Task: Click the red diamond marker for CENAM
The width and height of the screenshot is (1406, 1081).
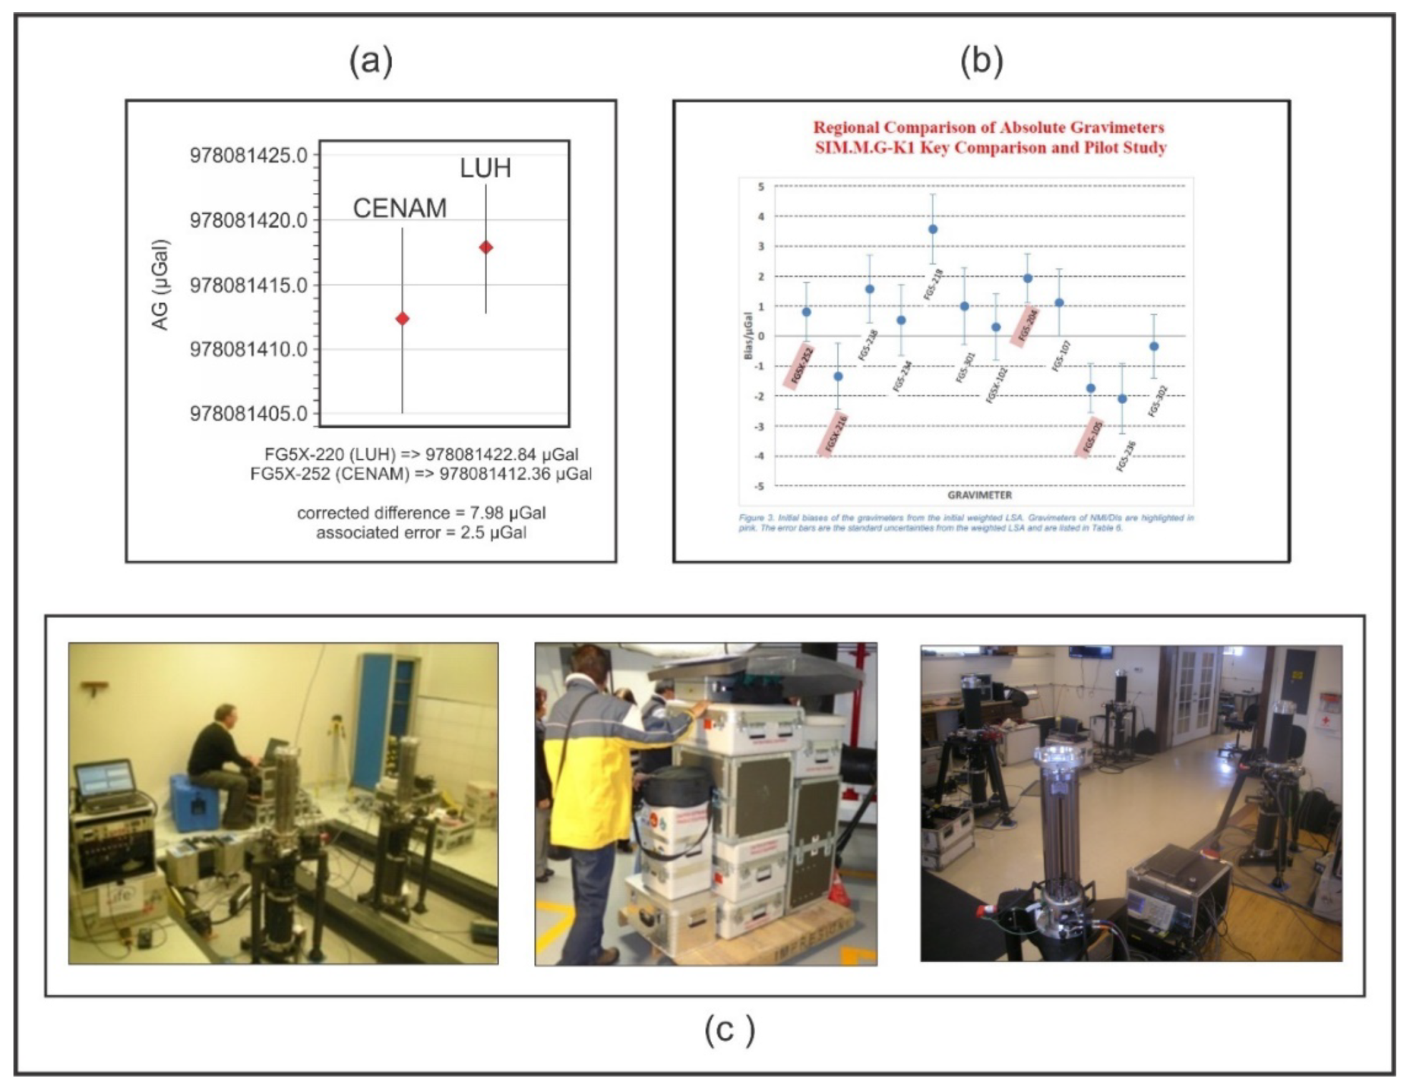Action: pos(402,318)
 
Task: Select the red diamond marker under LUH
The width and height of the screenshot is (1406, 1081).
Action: pos(486,247)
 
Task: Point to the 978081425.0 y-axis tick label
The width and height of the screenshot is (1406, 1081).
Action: pos(248,155)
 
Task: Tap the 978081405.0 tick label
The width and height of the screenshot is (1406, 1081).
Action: pos(248,413)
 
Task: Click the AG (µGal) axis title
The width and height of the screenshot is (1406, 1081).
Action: pos(160,285)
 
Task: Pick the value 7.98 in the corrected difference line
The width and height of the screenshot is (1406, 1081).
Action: pos(486,513)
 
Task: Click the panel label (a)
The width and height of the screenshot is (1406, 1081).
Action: pos(370,61)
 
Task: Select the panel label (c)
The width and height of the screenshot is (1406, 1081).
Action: pos(729,1030)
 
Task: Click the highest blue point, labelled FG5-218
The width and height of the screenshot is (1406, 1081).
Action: pos(933,229)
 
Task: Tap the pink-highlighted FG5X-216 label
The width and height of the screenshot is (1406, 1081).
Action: pos(835,433)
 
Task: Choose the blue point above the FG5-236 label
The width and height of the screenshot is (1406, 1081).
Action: pos(1122,399)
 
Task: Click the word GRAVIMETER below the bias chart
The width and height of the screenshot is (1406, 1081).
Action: pos(979,495)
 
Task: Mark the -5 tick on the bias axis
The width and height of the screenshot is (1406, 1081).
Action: pos(760,486)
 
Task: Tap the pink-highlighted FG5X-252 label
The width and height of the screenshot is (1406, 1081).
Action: pos(801,365)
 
